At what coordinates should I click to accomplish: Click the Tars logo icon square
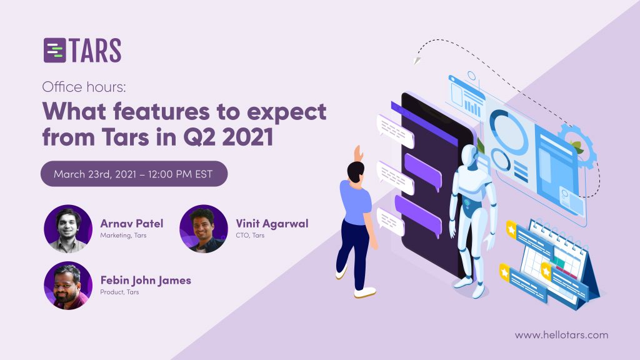pos(55,50)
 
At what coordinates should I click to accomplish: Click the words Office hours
pos(84,87)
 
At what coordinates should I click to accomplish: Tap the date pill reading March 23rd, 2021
pos(134,174)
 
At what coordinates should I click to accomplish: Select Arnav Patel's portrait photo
pos(68,229)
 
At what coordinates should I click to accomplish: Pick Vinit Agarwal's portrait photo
pos(204,229)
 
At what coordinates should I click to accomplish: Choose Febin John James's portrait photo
pos(68,285)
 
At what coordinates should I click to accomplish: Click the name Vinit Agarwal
pos(272,224)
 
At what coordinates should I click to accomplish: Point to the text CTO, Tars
pos(250,236)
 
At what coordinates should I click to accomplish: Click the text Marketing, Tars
pos(123,236)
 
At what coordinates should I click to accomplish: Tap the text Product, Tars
pos(119,292)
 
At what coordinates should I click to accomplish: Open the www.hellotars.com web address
pos(562,335)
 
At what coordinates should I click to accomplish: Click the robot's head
pos(471,155)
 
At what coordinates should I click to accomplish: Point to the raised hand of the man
pos(358,154)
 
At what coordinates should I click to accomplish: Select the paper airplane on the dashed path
pos(417,61)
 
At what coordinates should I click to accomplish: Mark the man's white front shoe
pos(364,292)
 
